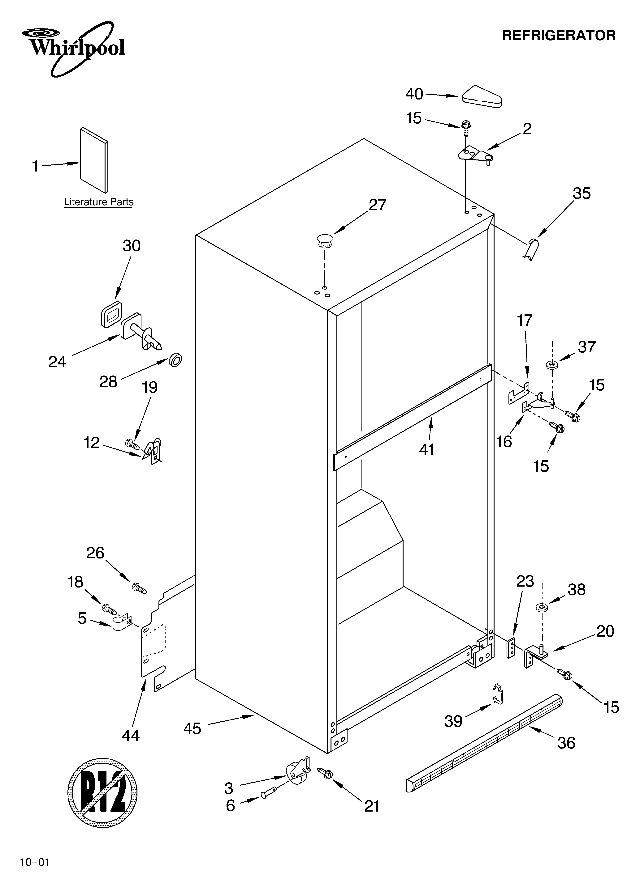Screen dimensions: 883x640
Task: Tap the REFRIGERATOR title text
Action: (559, 35)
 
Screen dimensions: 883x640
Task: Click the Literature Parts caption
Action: (99, 202)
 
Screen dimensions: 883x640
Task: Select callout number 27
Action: (377, 205)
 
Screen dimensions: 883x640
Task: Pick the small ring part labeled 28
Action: (175, 360)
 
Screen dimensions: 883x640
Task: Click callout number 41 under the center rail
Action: (427, 450)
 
